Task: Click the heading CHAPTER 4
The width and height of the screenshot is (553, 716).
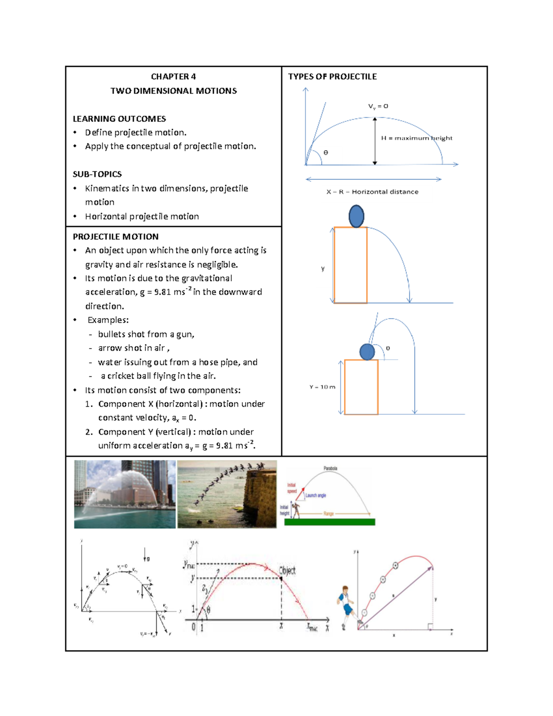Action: [173, 77]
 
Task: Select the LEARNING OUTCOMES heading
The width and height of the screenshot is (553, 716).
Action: [119, 118]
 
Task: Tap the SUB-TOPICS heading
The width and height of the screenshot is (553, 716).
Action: [97, 174]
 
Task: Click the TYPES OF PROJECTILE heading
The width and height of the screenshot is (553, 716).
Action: [332, 77]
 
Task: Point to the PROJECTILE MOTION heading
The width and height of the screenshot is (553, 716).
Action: [116, 237]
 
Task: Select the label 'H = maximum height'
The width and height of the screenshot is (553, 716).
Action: [417, 138]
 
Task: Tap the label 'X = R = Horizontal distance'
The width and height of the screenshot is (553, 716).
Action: [372, 192]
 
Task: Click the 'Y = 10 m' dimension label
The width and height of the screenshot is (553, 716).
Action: [322, 387]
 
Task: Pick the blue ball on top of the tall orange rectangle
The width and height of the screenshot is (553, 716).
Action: [356, 216]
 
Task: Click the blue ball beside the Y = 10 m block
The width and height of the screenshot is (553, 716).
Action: [367, 352]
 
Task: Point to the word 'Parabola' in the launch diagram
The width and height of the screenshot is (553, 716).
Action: [330, 468]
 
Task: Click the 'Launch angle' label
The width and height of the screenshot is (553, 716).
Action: [316, 496]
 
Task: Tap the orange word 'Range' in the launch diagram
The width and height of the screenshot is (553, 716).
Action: [329, 514]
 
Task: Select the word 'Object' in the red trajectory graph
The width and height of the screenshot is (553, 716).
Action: [287, 571]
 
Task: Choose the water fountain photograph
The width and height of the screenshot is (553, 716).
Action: [124, 494]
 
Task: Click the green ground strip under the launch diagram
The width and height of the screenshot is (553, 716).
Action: [329, 522]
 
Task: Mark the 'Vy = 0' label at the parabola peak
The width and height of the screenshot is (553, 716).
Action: [378, 106]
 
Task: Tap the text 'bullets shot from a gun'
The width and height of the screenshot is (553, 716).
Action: [146, 334]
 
